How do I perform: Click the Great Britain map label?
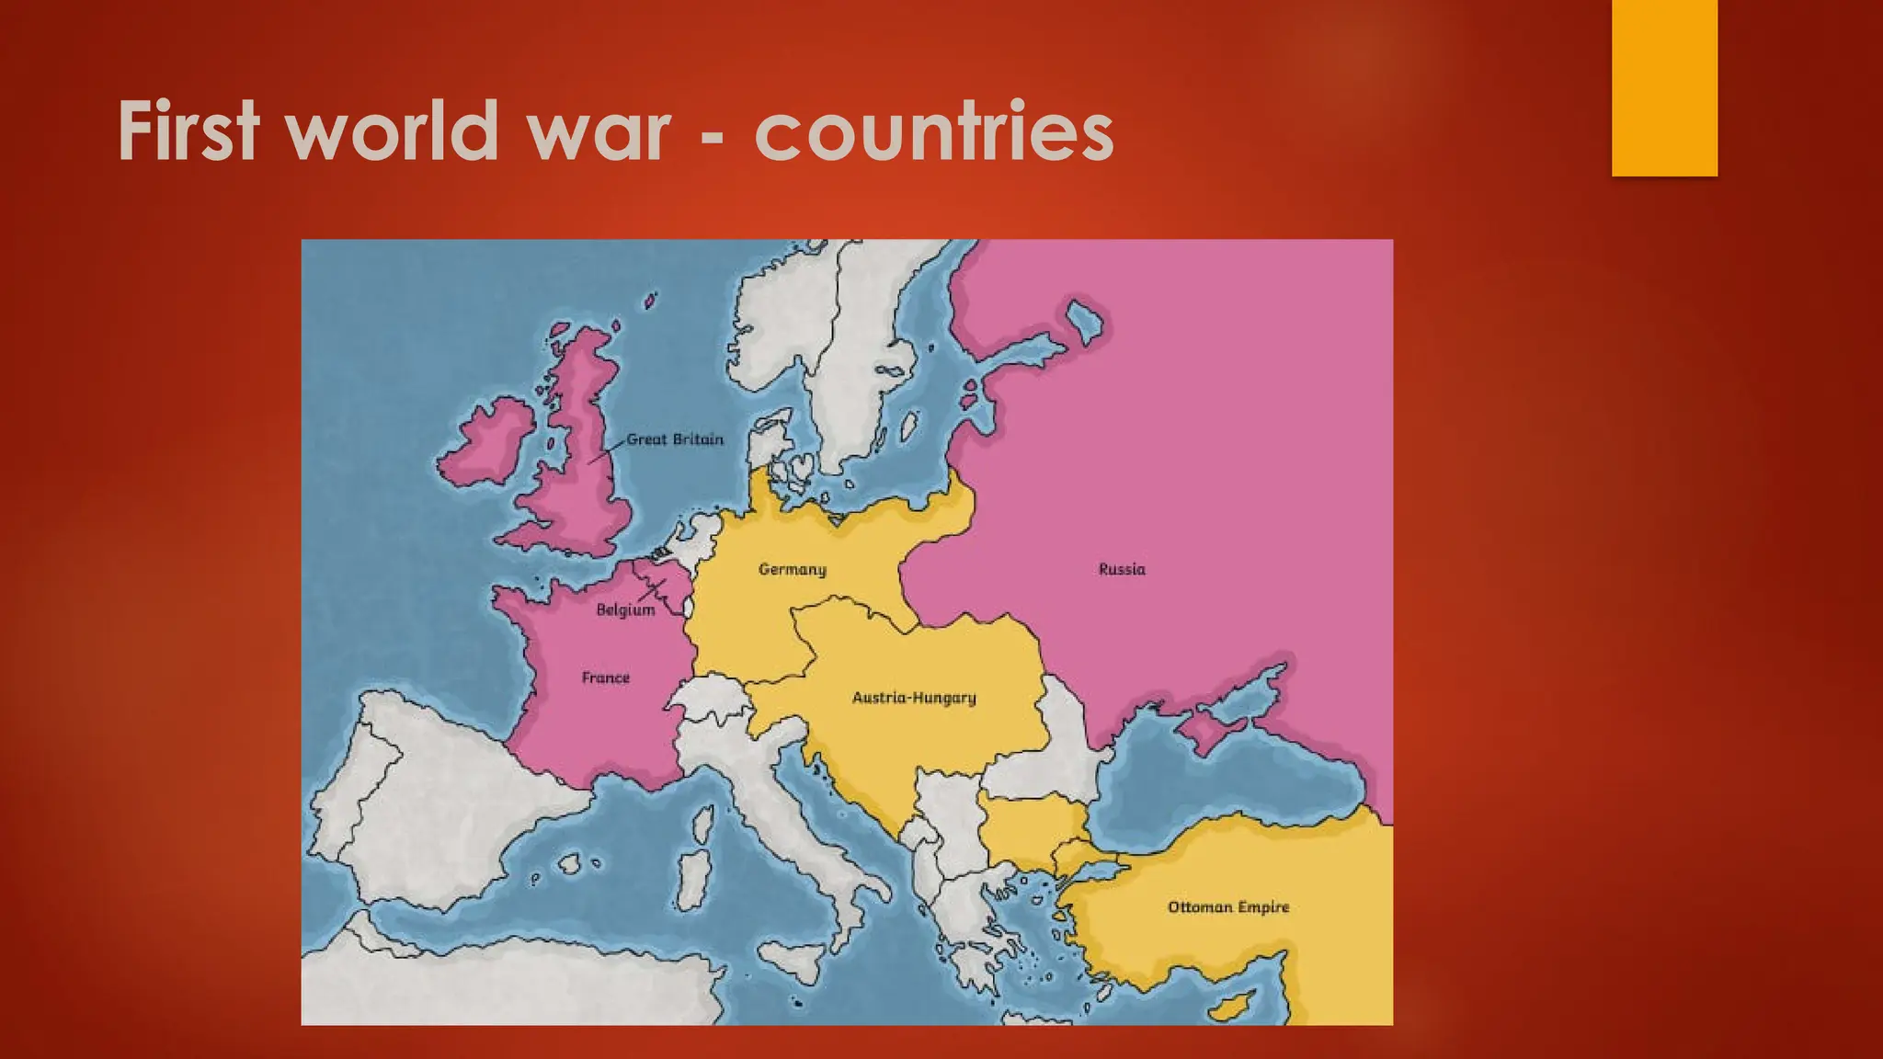pyautogui.click(x=675, y=439)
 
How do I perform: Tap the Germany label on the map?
pyautogui.click(x=792, y=569)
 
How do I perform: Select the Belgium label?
pyautogui.click(x=625, y=609)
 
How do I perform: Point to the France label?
pyautogui.click(x=606, y=678)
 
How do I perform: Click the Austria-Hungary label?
pyautogui.click(x=914, y=697)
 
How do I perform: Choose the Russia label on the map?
pyautogui.click(x=1122, y=569)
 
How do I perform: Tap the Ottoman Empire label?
pyautogui.click(x=1228, y=907)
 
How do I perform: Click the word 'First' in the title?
pyautogui.click(x=188, y=131)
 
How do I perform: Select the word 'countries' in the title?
pyautogui.click(x=933, y=131)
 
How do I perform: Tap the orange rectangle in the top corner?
pyautogui.click(x=1664, y=87)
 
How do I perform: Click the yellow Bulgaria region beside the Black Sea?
pyautogui.click(x=1030, y=823)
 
